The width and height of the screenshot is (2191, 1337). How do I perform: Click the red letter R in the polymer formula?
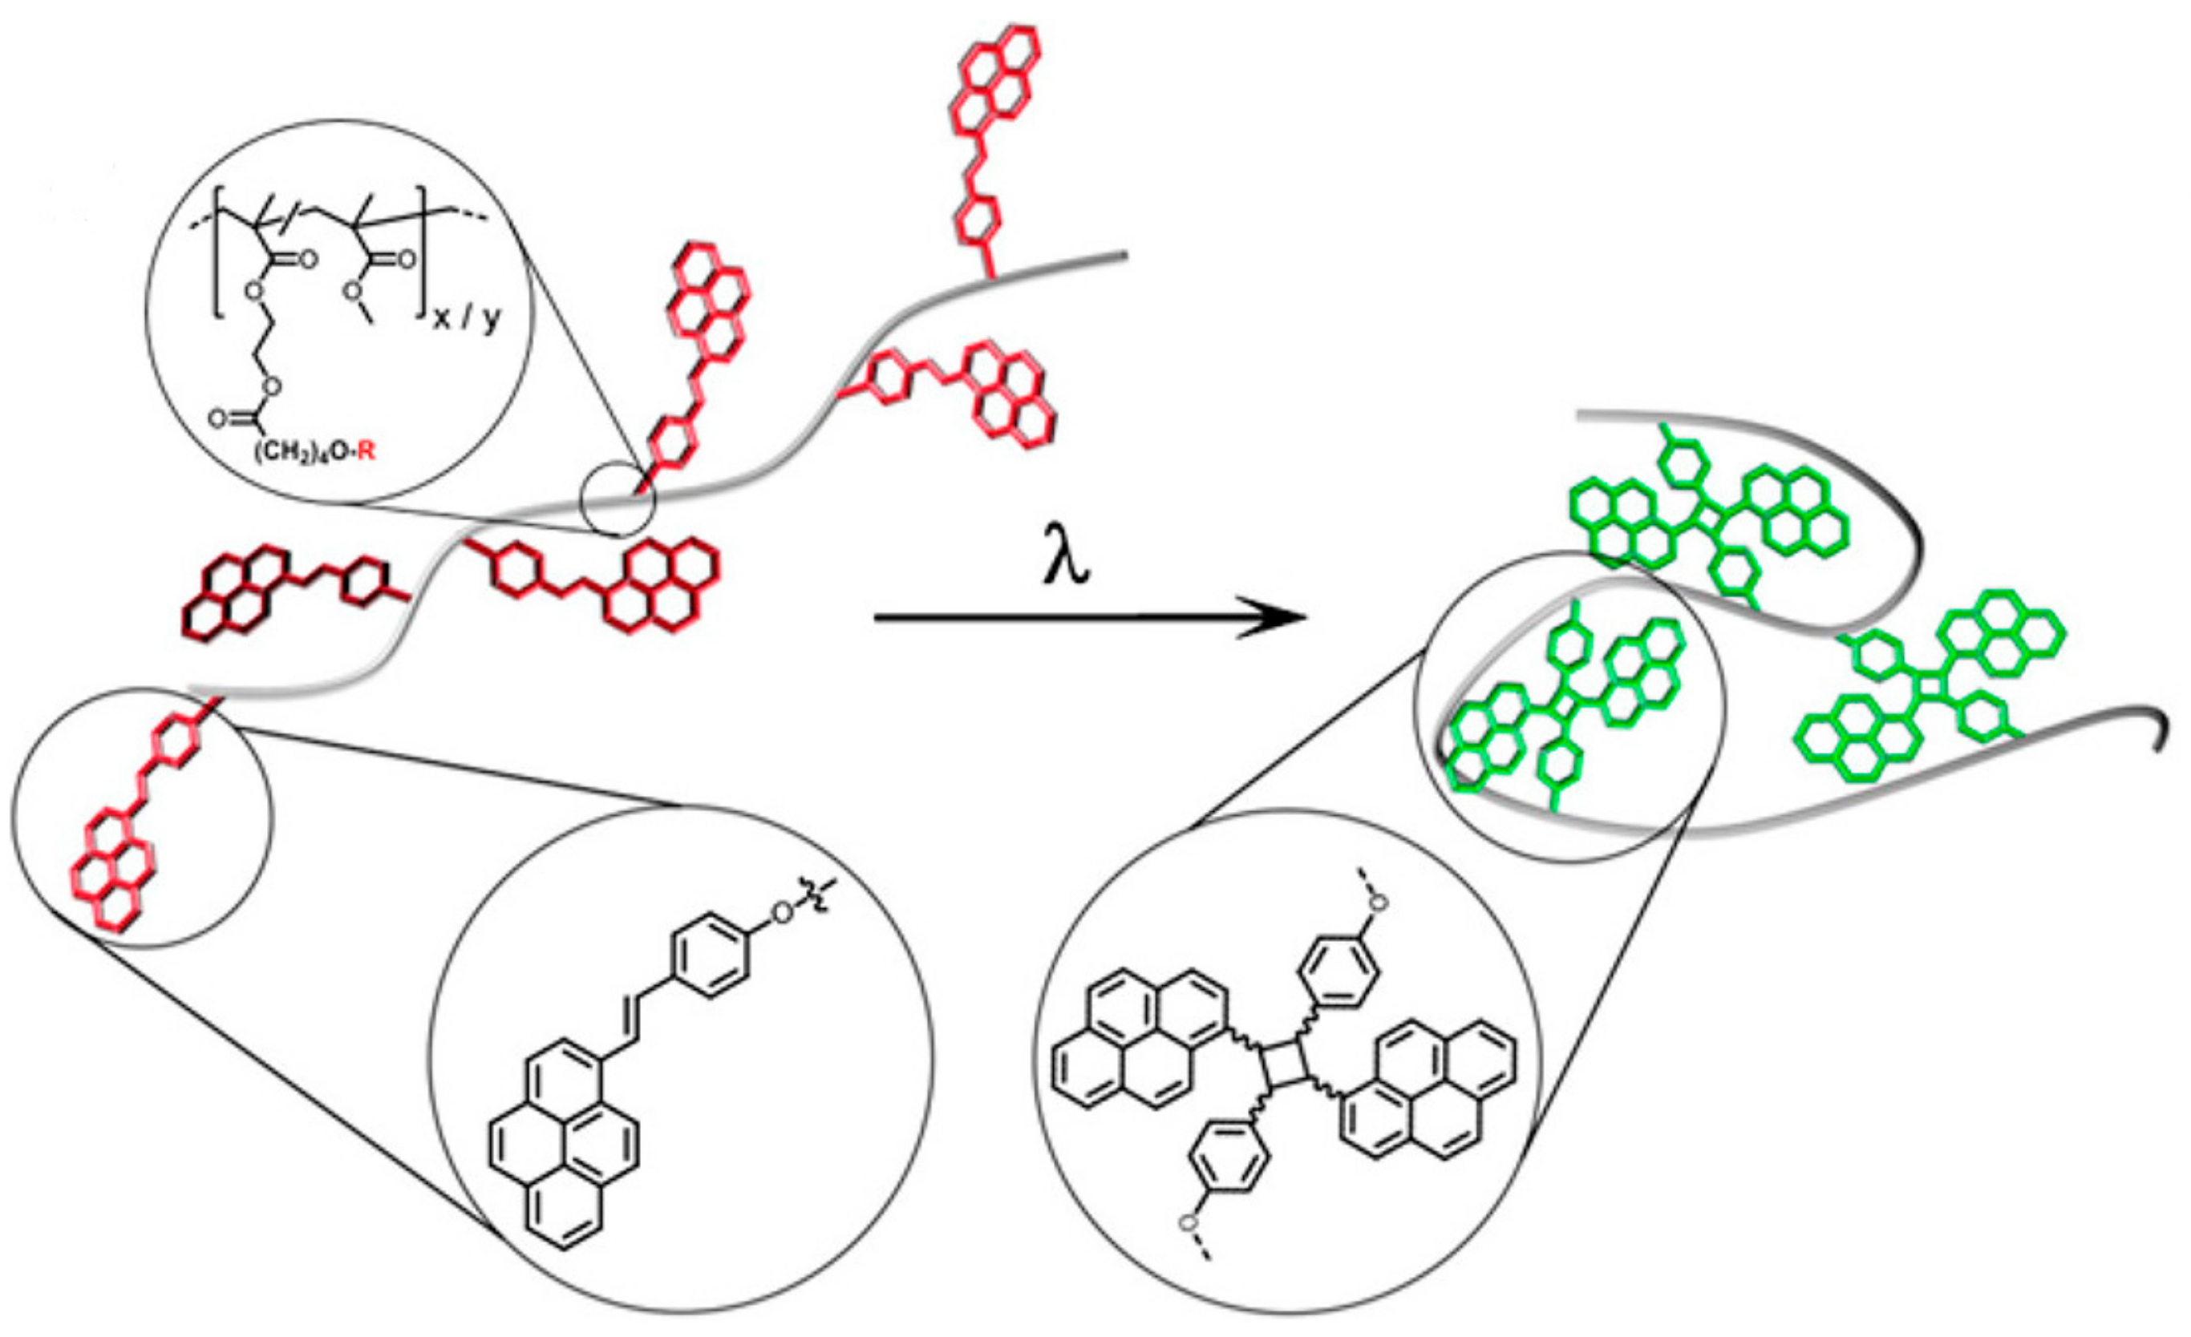coord(367,451)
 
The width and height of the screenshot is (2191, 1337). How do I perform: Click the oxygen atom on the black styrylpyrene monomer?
coord(782,912)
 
